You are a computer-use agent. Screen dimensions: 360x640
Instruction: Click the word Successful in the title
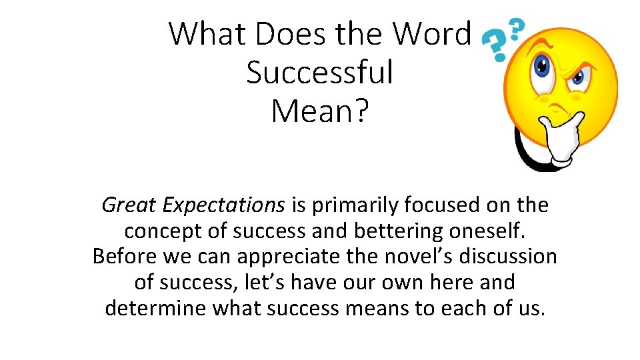click(x=320, y=73)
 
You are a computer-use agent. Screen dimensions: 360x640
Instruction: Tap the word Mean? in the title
click(x=319, y=111)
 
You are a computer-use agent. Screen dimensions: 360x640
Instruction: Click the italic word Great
click(x=127, y=205)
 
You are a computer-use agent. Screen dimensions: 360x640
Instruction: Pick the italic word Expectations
click(x=221, y=205)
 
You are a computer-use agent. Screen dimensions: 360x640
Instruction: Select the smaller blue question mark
click(x=516, y=29)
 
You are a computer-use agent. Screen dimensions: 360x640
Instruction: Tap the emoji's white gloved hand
click(x=557, y=137)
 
